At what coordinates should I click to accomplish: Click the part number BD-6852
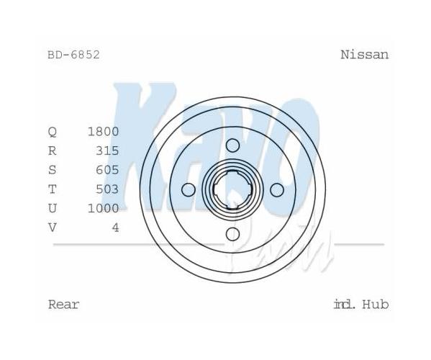pyautogui.click(x=73, y=55)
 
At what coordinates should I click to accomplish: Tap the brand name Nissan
pyautogui.click(x=365, y=55)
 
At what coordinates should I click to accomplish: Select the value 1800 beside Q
pyautogui.click(x=103, y=132)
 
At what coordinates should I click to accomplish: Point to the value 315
pyautogui.click(x=107, y=150)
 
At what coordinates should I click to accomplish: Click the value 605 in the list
pyautogui.click(x=107, y=170)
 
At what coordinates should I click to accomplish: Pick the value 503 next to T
pyautogui.click(x=107, y=189)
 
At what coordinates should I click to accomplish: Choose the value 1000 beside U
pyautogui.click(x=103, y=209)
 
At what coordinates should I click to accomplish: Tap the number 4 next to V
pyautogui.click(x=116, y=228)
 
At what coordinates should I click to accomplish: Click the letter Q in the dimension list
pyautogui.click(x=53, y=132)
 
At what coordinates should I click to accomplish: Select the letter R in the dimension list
pyautogui.click(x=53, y=150)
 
